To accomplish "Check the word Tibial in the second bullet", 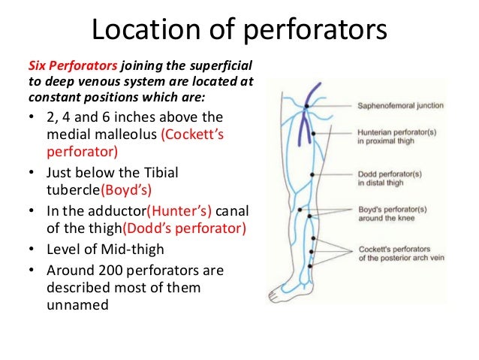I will click(x=157, y=173).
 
